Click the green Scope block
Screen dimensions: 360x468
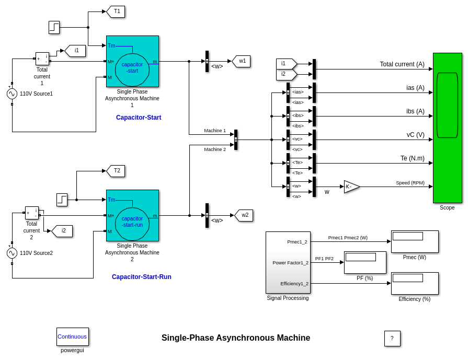pyautogui.click(x=447, y=127)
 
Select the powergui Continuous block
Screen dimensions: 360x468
pyautogui.click(x=72, y=336)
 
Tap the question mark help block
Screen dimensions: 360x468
pyautogui.click(x=392, y=338)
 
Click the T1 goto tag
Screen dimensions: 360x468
pyautogui.click(x=116, y=11)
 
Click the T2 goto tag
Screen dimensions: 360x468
pyautogui.click(x=116, y=171)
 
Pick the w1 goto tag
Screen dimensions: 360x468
pyautogui.click(x=242, y=61)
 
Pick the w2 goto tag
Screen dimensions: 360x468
pyautogui.click(x=244, y=215)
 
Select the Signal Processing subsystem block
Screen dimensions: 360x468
pyautogui.click(x=288, y=262)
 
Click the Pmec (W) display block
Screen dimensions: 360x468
pyautogui.click(x=415, y=241)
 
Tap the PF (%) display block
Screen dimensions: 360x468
pyautogui.click(x=365, y=262)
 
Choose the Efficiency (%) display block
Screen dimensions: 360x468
pyautogui.click(x=415, y=283)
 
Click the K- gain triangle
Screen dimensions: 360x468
pyautogui.click(x=351, y=187)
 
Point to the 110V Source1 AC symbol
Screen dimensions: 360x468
pyautogui.click(x=12, y=94)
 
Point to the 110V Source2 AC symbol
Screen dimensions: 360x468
pyautogui.click(x=12, y=253)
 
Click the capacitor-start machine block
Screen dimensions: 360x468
pyautogui.click(x=132, y=61)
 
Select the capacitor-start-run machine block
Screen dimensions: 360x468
pyautogui.click(x=132, y=215)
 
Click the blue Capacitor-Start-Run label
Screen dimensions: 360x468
pyautogui.click(x=141, y=277)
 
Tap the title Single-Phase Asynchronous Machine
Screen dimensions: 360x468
pyautogui.click(x=236, y=338)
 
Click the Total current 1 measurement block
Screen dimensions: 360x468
pyautogui.click(x=42, y=59)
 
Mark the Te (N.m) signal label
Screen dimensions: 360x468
pyautogui.click(x=412, y=158)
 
